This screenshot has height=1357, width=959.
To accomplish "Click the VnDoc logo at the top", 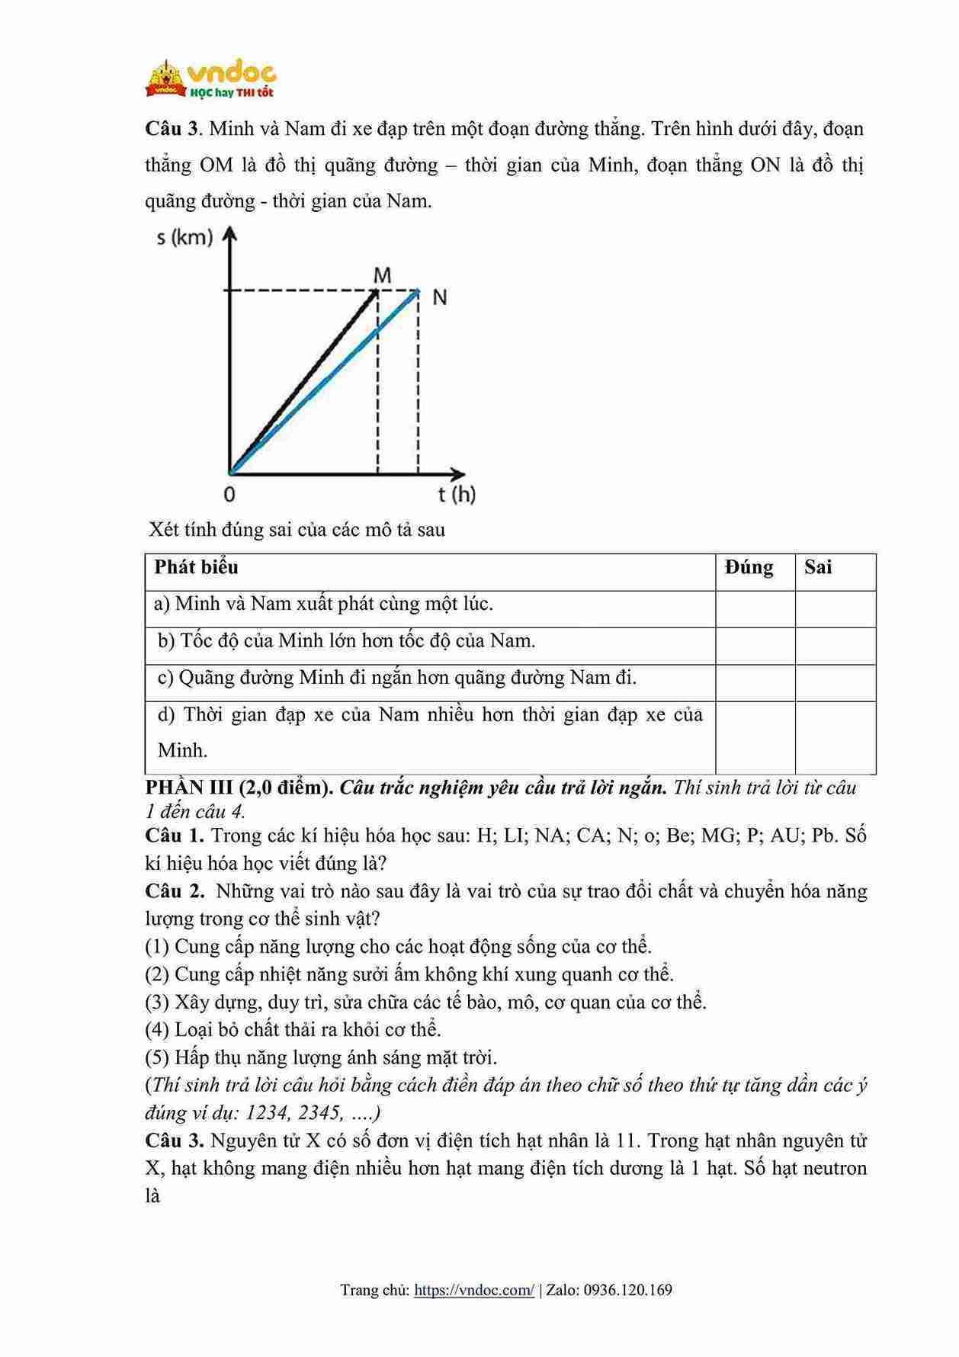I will coord(211,79).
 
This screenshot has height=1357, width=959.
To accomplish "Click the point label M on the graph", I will coord(382,275).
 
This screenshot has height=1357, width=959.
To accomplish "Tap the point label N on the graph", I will coord(439,297).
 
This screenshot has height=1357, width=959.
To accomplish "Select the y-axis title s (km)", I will coord(184,237).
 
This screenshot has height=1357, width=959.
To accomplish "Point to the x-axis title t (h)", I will coord(457,494).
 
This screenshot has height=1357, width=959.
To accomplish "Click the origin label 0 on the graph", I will coord(229,494).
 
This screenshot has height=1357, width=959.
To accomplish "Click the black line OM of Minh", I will coord(305,381).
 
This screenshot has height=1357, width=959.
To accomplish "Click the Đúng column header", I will coord(749,567).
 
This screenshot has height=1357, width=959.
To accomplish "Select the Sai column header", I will coord(818,567).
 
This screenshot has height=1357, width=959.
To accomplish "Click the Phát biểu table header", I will coord(196,567).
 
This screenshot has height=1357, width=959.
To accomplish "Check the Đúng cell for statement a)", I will coord(755,609).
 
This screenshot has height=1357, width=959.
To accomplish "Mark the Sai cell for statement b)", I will coord(836,646).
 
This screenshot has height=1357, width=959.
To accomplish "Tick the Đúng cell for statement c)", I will coord(755,682).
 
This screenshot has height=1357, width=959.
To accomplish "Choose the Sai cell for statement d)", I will coord(836,737).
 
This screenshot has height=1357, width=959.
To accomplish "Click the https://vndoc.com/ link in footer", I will coord(474,1290).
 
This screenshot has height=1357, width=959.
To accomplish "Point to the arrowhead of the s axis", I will coord(229,233).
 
